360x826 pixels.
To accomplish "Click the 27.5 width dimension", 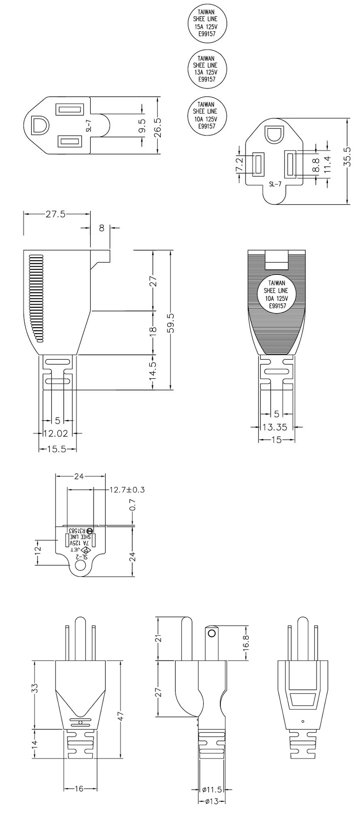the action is [x=56, y=214].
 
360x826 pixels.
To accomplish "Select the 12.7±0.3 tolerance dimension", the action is [x=127, y=490].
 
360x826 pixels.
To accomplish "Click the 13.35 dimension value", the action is [x=275, y=427].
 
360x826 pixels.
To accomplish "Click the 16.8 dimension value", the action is [x=246, y=644].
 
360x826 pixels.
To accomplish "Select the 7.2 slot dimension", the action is [x=239, y=165].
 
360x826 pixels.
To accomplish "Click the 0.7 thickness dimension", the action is [x=133, y=505].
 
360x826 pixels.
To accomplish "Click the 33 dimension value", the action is [x=36, y=688].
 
